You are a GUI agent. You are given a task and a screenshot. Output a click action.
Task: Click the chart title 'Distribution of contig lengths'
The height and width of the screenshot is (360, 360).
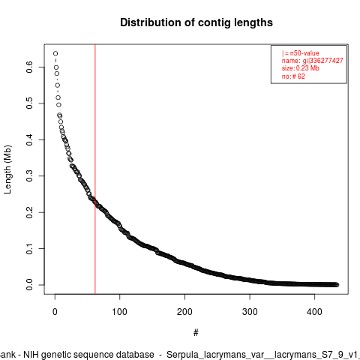(x=196, y=22)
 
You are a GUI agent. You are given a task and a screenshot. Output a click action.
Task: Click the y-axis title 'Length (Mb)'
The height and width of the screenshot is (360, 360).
(x=7, y=169)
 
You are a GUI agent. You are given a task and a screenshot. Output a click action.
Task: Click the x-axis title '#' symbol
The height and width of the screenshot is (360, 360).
(x=196, y=333)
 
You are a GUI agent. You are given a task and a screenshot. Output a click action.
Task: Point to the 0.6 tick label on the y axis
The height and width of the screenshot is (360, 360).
(x=29, y=67)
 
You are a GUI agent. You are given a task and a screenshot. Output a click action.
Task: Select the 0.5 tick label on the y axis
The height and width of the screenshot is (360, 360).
(x=29, y=103)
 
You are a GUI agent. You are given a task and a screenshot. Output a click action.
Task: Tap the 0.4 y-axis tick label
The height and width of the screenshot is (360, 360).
(x=29, y=139)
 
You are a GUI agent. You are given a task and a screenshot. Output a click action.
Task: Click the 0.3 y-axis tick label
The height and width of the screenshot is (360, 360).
(x=29, y=175)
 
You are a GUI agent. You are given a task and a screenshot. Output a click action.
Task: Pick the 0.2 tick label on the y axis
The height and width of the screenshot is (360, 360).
(x=29, y=212)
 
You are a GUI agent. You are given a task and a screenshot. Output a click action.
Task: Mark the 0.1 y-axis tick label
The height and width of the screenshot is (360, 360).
(x=29, y=248)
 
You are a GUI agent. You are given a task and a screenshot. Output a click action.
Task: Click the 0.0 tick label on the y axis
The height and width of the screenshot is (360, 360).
(x=29, y=285)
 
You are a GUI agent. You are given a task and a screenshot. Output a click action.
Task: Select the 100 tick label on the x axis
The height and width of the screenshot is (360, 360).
(x=120, y=312)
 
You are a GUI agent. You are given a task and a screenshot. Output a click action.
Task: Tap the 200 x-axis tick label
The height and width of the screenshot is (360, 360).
(x=184, y=312)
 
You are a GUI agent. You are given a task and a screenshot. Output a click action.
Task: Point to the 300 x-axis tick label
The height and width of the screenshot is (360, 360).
(x=250, y=312)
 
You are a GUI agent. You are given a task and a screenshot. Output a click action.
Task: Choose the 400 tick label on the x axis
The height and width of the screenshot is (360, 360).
(x=314, y=312)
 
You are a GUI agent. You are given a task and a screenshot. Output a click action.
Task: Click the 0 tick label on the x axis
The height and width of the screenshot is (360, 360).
(x=55, y=312)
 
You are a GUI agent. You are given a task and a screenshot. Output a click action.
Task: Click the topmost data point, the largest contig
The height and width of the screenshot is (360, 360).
(x=55, y=53)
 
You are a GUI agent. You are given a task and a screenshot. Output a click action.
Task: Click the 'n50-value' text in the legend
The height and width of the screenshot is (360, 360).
(x=304, y=53)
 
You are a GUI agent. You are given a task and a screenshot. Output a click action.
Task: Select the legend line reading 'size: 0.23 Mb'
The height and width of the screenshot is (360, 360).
(x=301, y=68)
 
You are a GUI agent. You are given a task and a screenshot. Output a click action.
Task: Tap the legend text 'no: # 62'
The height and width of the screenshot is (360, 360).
(x=293, y=76)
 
